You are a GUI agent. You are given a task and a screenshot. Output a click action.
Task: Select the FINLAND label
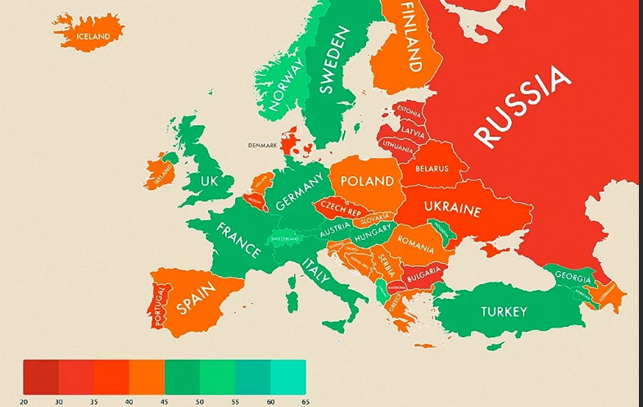click(x=413, y=36)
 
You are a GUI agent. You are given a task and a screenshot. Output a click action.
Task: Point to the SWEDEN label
click(x=333, y=61)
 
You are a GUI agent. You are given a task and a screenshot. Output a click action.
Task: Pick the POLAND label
click(x=366, y=181)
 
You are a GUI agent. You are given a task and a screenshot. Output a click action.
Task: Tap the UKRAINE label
click(x=453, y=210)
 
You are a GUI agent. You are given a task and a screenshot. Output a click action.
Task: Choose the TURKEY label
click(x=504, y=311)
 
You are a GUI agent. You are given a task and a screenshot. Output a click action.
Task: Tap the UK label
click(x=210, y=180)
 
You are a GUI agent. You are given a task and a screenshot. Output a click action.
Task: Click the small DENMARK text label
click(x=263, y=146)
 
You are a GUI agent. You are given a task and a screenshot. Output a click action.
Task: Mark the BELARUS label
click(x=432, y=169)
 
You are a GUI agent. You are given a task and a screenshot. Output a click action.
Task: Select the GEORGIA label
click(x=573, y=277)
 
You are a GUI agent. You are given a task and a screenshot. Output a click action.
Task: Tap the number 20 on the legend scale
click(x=24, y=401)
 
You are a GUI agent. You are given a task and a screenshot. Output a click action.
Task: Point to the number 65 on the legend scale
click(x=305, y=401)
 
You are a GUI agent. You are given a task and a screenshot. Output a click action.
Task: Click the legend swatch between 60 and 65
click(x=288, y=378)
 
